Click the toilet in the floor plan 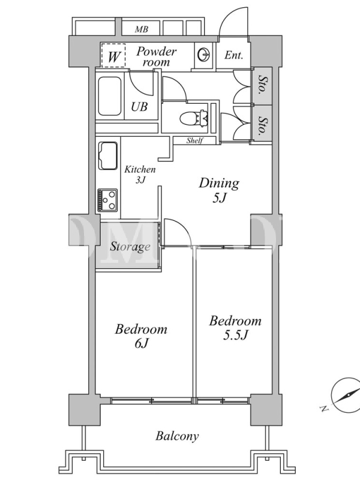[194, 118]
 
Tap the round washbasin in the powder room [204, 55]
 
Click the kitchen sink [108, 156]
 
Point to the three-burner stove [107, 200]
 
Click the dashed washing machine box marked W [113, 55]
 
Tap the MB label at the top [142, 29]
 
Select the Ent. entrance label [233, 55]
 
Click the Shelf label [195, 140]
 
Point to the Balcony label [177, 436]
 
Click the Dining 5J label [219, 190]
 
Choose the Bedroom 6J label [141, 336]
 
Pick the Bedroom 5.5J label [235, 328]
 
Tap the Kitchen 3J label [140, 174]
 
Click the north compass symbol [346, 395]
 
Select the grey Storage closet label [130, 247]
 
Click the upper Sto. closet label [262, 85]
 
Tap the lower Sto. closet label [262, 125]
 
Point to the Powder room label [156, 56]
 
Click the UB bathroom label [139, 107]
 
